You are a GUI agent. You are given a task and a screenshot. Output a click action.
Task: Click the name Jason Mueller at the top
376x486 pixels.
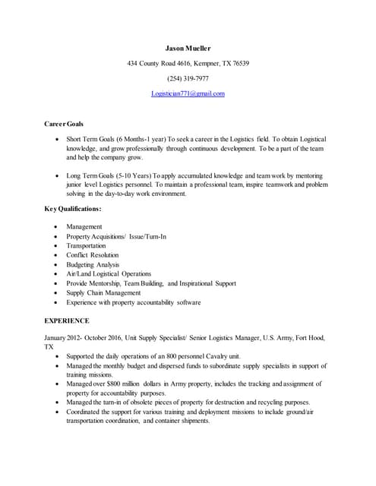(x=188, y=49)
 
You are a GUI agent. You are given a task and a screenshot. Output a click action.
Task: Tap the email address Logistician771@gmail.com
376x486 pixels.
(x=188, y=93)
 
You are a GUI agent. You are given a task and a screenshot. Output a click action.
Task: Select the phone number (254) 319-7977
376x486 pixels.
(x=188, y=78)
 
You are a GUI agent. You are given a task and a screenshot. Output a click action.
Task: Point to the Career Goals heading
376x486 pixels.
(x=64, y=123)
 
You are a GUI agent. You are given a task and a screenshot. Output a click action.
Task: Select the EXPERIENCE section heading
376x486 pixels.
(x=67, y=320)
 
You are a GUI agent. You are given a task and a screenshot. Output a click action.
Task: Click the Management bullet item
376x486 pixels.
(x=84, y=227)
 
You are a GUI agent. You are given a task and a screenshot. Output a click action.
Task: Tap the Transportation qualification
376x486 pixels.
(x=86, y=246)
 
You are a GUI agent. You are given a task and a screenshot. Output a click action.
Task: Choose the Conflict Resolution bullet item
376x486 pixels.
(x=92, y=255)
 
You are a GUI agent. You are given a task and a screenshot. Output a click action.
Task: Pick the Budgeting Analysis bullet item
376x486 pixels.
(x=91, y=264)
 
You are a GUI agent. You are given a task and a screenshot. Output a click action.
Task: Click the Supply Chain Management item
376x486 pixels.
(x=103, y=292)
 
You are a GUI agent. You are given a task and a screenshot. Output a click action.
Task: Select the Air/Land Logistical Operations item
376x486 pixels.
(x=109, y=273)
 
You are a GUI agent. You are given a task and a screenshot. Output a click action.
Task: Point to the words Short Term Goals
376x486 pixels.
(x=90, y=140)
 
